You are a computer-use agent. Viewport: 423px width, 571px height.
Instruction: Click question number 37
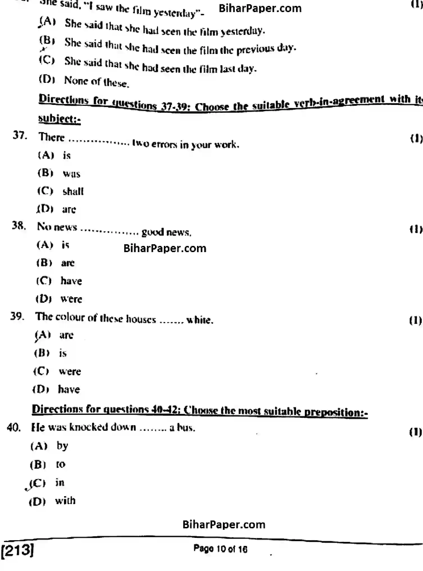20,135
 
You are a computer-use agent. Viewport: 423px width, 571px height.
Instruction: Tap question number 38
19,225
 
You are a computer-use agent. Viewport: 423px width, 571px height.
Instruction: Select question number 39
17,316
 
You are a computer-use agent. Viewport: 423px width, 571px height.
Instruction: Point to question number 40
13,427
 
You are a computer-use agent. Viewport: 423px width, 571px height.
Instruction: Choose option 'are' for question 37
69,209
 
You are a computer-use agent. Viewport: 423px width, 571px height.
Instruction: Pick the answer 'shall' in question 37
73,191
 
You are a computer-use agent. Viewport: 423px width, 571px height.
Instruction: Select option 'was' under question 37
71,174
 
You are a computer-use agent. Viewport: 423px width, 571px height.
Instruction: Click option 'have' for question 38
71,281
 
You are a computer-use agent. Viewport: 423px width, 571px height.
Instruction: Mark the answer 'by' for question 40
62,446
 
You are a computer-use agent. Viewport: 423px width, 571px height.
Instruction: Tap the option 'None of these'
96,82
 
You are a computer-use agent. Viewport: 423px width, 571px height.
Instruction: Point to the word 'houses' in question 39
141,319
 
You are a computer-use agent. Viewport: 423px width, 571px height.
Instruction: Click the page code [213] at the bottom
17,549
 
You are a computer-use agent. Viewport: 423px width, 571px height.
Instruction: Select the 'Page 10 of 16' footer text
220,549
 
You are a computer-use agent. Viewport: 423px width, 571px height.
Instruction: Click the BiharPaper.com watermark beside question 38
165,248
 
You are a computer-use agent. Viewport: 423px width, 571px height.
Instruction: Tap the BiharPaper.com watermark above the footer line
224,524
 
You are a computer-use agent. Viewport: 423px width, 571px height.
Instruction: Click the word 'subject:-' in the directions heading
59,118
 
